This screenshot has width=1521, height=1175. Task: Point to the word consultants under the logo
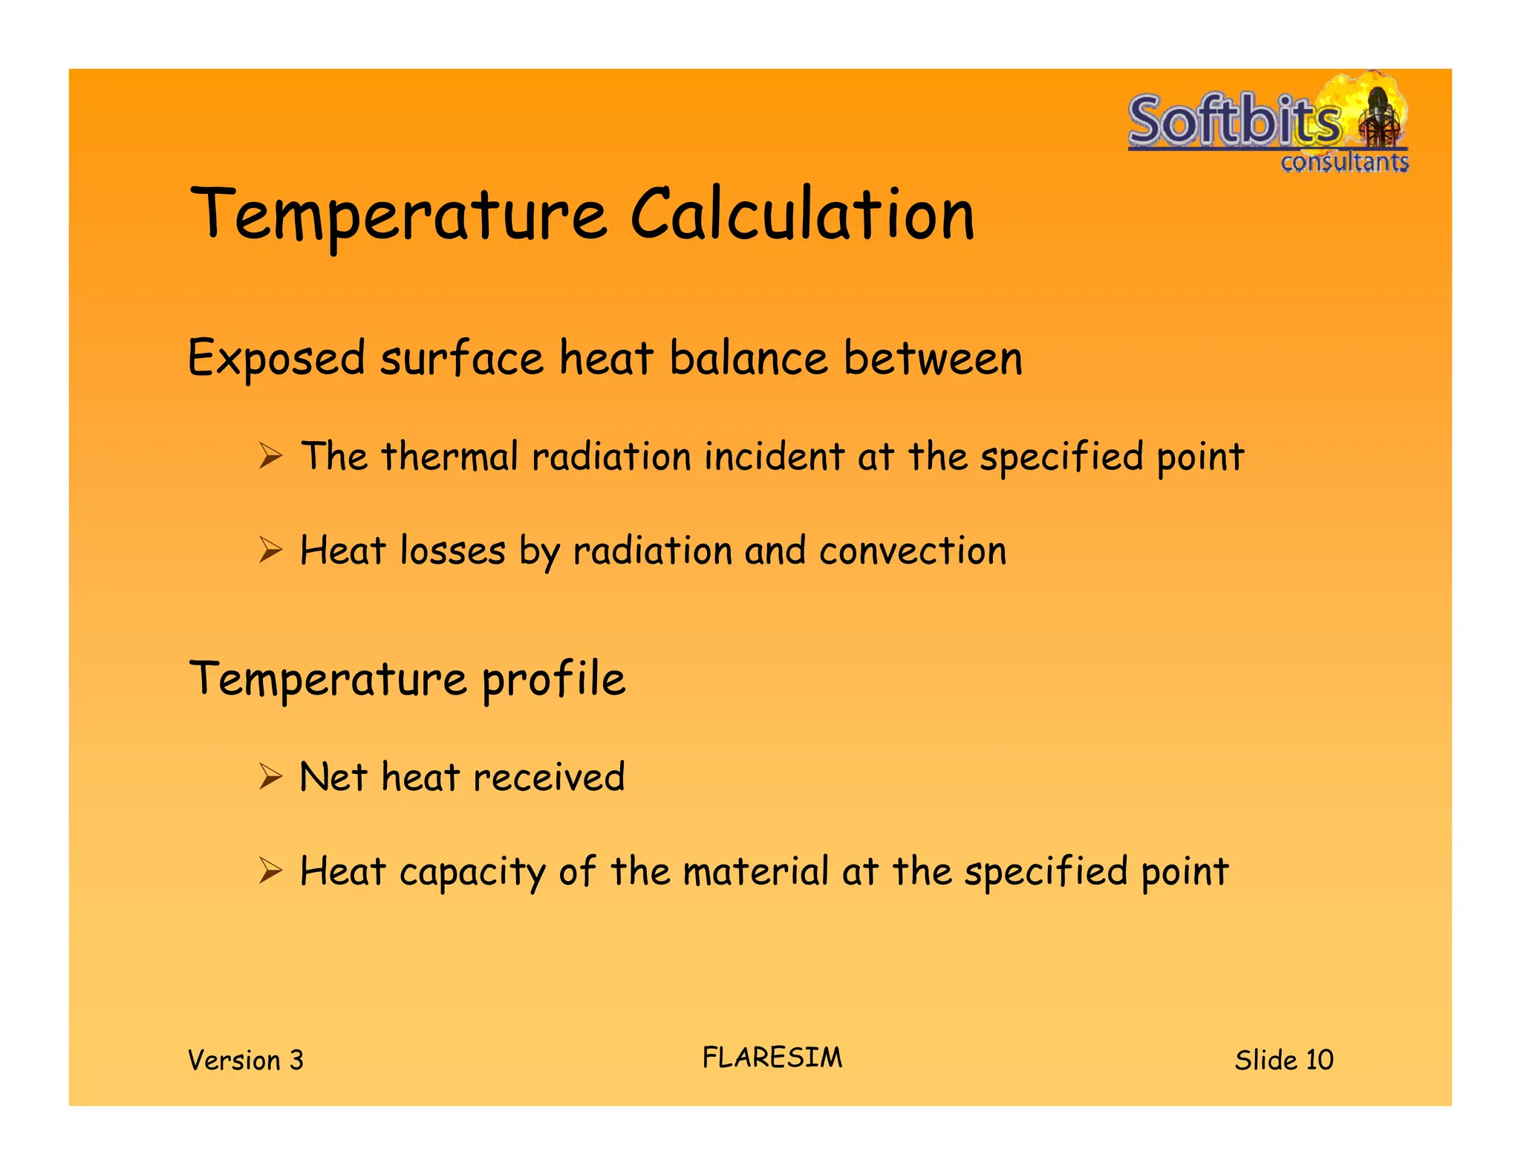tap(1344, 161)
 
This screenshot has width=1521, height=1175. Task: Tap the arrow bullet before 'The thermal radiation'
tap(271, 455)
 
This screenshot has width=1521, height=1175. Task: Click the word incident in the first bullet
tap(774, 455)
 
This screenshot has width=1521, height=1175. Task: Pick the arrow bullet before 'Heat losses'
tap(271, 550)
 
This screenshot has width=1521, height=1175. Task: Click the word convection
tap(913, 551)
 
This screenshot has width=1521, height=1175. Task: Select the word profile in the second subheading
tap(553, 679)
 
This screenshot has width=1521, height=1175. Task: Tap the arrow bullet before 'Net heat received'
tap(271, 777)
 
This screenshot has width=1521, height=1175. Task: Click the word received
tap(549, 778)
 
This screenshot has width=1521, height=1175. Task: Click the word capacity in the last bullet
tap(472, 873)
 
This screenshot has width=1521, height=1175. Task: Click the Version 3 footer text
tap(246, 1060)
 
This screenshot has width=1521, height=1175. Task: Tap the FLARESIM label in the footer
tap(772, 1058)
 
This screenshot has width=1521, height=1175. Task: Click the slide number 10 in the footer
tap(1320, 1060)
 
